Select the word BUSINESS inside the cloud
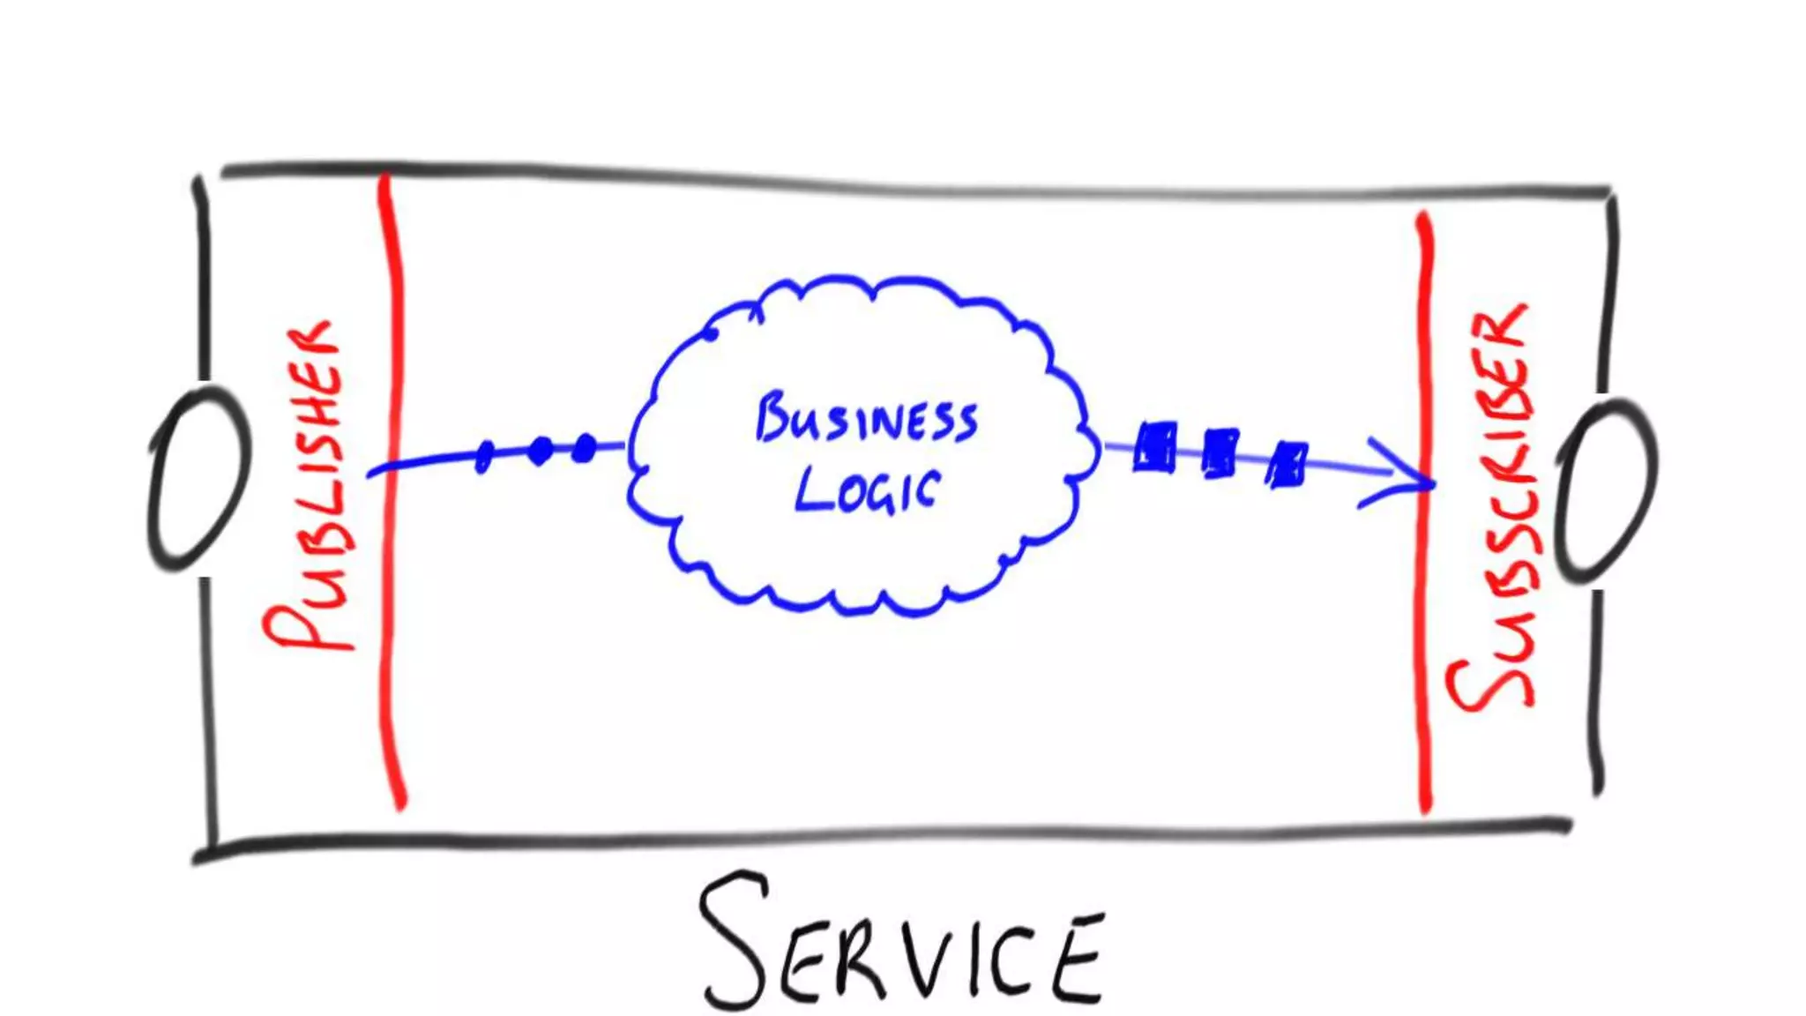(x=867, y=420)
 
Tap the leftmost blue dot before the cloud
(x=483, y=457)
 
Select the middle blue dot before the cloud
(x=541, y=451)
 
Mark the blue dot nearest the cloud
(x=584, y=448)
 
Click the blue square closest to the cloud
(x=1154, y=448)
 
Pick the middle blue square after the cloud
(x=1220, y=453)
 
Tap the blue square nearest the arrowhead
(x=1287, y=463)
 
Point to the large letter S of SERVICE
(x=734, y=939)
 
